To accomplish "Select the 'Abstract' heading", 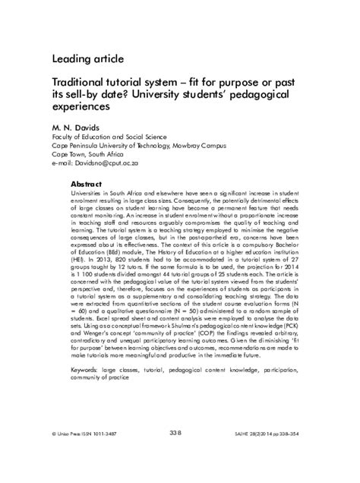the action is (86, 185).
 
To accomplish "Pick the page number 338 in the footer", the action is (175, 454).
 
